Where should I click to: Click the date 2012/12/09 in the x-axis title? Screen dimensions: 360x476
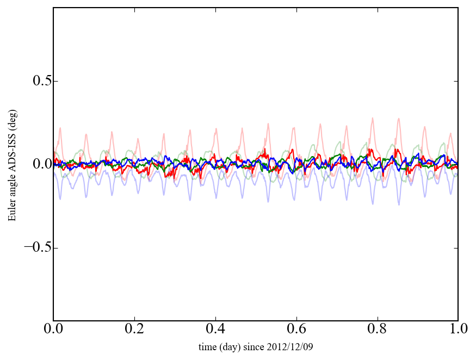pos(293,347)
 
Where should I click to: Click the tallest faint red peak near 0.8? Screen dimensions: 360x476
pos(373,118)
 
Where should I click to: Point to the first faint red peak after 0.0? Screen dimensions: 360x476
pos(60,128)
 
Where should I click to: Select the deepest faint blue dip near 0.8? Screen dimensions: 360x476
pos(373,203)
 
